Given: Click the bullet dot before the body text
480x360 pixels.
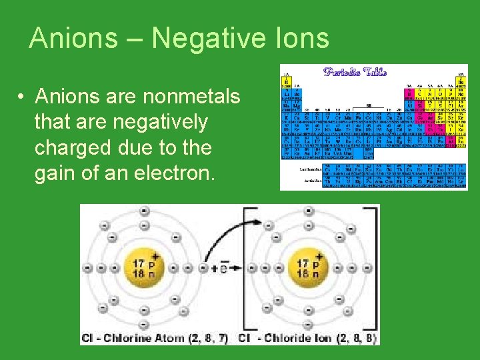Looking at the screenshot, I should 22,97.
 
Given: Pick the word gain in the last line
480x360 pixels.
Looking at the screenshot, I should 57,173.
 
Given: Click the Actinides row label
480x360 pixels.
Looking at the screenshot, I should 309,180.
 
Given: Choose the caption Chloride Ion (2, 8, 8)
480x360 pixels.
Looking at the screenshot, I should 309,338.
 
